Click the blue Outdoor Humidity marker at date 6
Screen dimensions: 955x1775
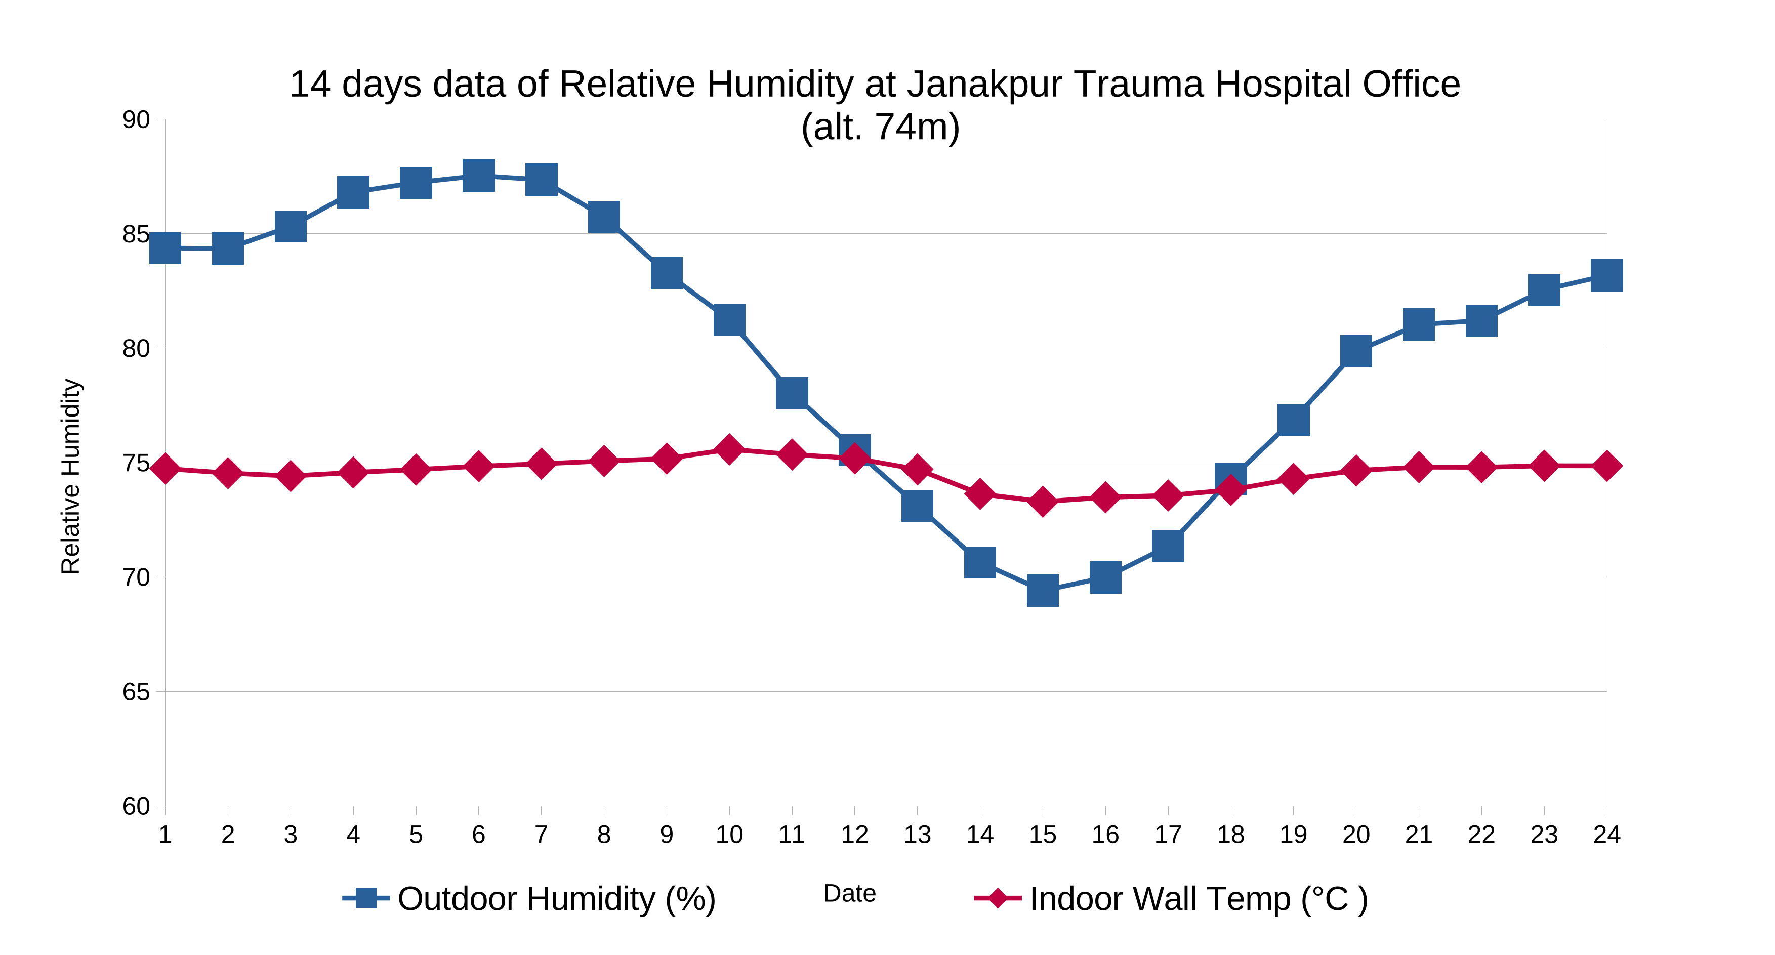pos(478,176)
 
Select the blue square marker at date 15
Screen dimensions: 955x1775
pos(1043,591)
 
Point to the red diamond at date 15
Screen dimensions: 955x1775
pos(1043,501)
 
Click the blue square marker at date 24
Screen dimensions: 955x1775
pos(1606,276)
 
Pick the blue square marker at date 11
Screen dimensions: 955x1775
pos(792,393)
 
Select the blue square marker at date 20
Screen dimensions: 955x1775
pos(1355,351)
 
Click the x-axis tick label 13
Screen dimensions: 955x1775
pos(917,835)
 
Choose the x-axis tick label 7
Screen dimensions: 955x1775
pos(541,835)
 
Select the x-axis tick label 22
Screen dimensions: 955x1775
pos(1481,835)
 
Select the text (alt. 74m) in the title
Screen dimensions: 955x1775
pos(880,127)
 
